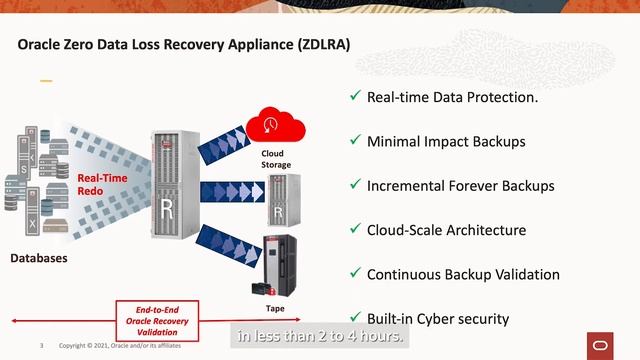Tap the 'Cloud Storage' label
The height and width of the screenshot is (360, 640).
[x=277, y=159]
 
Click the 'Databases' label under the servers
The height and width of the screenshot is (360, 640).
[x=39, y=259]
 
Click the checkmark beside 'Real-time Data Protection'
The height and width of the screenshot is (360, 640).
[x=354, y=97]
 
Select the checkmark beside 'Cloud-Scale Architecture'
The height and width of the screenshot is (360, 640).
[x=354, y=230]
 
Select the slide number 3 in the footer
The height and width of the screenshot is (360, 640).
[x=42, y=345]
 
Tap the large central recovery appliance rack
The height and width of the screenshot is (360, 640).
[x=171, y=196]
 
